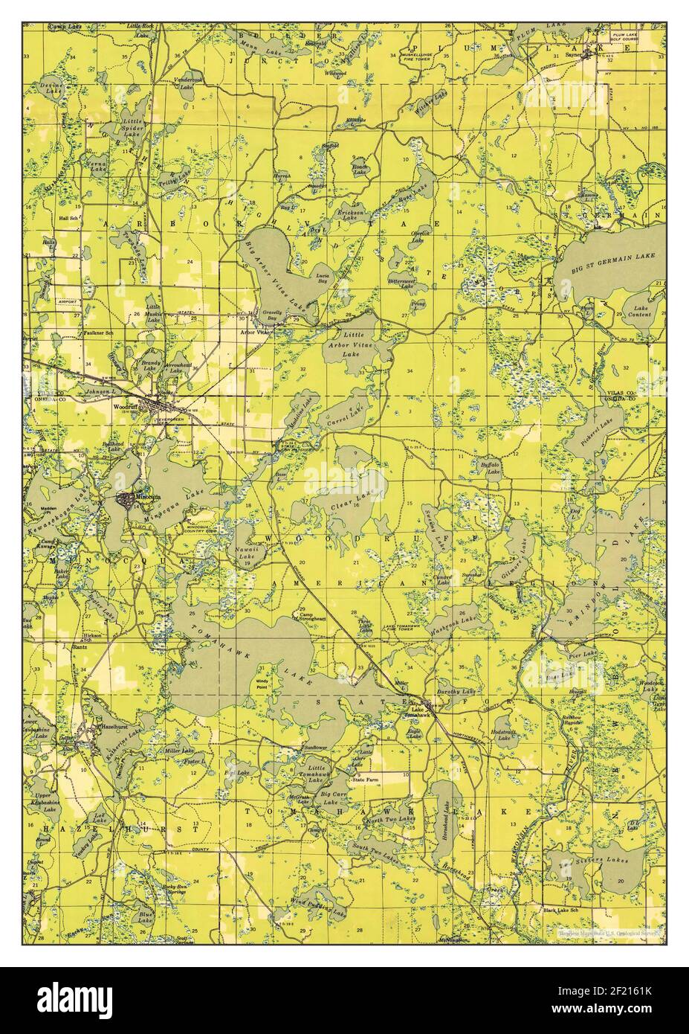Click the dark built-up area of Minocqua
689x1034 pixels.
click(x=127, y=500)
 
